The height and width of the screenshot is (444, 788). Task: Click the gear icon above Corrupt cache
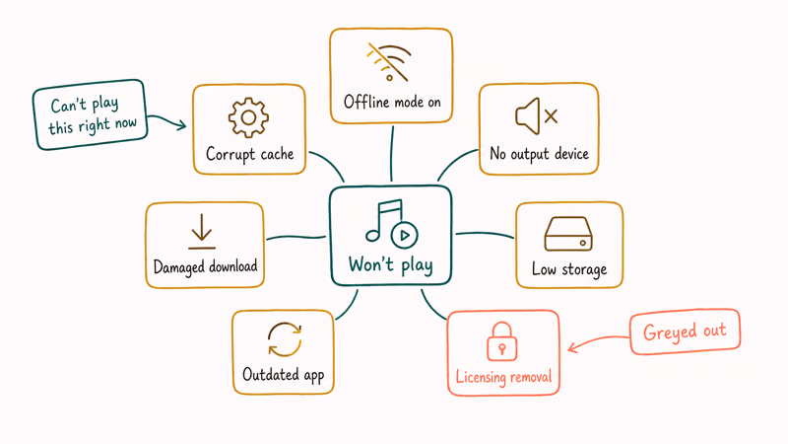tap(248, 117)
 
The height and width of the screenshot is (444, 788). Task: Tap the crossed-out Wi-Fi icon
tap(389, 62)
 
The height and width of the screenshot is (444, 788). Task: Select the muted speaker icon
tap(536, 116)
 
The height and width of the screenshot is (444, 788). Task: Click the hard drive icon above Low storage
tap(568, 234)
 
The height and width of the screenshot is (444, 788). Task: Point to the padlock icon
tap(501, 341)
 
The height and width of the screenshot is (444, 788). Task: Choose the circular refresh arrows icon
tap(285, 339)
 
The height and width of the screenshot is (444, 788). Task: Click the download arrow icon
tap(202, 232)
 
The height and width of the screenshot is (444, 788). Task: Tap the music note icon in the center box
tap(391, 224)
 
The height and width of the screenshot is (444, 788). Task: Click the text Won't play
tap(390, 265)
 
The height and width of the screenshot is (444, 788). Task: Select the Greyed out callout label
tap(685, 332)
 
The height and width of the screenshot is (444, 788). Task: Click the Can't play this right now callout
tap(90, 114)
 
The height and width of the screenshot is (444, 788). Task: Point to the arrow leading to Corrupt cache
tap(167, 119)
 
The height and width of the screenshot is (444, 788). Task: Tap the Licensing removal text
tap(503, 377)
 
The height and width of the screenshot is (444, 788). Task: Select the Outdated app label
tap(284, 375)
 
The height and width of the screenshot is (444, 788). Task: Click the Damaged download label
tap(205, 266)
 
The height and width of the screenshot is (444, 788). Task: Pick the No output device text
tap(539, 153)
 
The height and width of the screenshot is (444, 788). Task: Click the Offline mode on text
tap(392, 103)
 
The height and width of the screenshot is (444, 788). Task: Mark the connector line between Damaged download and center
tap(296, 237)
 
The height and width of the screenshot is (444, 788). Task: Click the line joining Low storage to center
tap(485, 234)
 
